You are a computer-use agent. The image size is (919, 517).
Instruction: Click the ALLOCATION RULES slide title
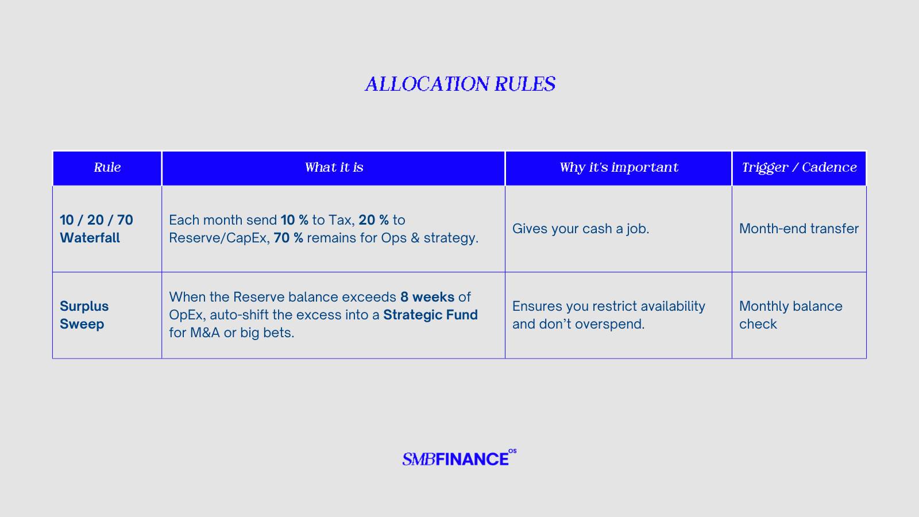[x=460, y=84]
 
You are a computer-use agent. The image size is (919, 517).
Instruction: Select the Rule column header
[x=107, y=167]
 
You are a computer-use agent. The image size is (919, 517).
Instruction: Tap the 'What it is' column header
[x=334, y=167]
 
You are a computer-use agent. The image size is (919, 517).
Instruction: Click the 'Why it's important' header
[x=619, y=167]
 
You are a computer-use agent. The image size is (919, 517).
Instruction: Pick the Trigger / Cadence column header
[x=799, y=167]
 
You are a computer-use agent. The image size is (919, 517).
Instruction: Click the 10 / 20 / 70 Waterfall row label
[x=96, y=229]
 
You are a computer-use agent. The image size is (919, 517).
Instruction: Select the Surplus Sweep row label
[x=84, y=315]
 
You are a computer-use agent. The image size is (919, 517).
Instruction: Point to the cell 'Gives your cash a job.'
[x=581, y=229]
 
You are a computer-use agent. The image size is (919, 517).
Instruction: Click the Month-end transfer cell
[x=799, y=229]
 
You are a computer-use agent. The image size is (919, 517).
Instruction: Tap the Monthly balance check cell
[x=790, y=315]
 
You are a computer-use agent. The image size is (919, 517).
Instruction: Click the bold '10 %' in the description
[x=295, y=220]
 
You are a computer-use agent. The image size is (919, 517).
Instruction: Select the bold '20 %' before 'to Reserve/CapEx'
[x=374, y=220]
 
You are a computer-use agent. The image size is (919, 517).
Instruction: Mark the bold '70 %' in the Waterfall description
[x=288, y=238]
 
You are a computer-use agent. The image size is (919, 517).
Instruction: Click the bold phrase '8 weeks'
[x=427, y=296]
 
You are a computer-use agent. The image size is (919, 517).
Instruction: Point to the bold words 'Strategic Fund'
[x=430, y=315]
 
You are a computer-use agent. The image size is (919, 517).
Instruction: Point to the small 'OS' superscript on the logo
[x=512, y=452]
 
